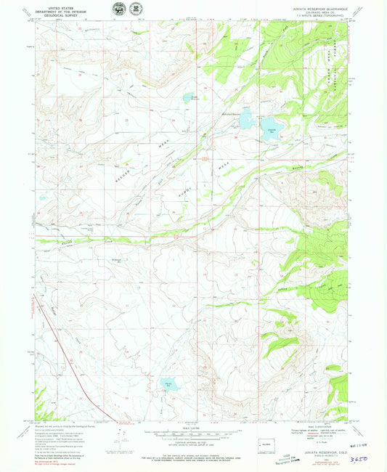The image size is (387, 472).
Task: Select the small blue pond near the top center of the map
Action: (x=188, y=97)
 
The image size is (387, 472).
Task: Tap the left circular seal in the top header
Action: (x=118, y=9)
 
